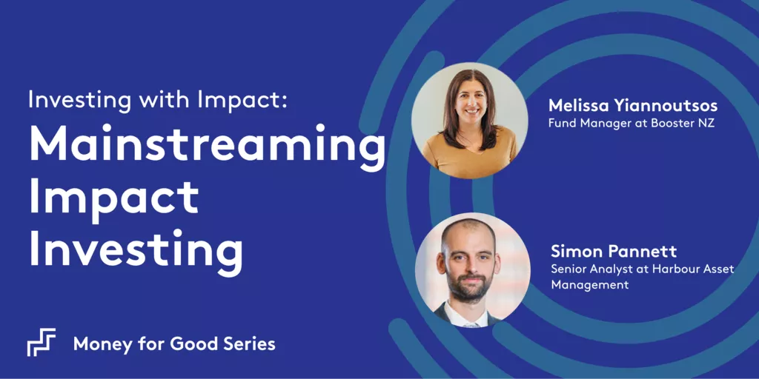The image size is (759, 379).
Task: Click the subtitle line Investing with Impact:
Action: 158,100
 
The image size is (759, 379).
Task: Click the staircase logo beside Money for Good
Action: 42,342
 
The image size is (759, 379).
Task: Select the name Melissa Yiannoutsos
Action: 633,107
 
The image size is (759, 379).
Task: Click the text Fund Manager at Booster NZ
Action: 632,124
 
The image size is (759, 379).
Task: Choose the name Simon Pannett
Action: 614,252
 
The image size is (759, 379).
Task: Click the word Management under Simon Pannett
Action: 589,285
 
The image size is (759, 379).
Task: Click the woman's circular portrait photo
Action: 469,121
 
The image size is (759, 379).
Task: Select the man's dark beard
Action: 468,286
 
